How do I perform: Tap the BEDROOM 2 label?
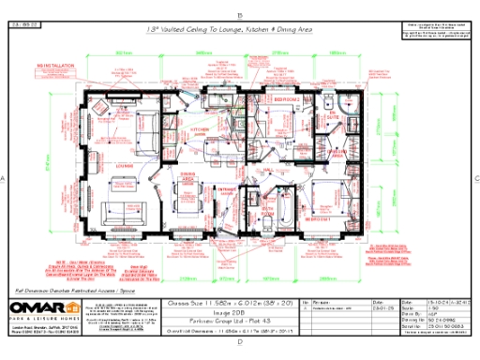tap(285, 98)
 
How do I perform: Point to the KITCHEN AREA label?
tap(202, 131)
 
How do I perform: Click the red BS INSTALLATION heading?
tap(55, 67)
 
